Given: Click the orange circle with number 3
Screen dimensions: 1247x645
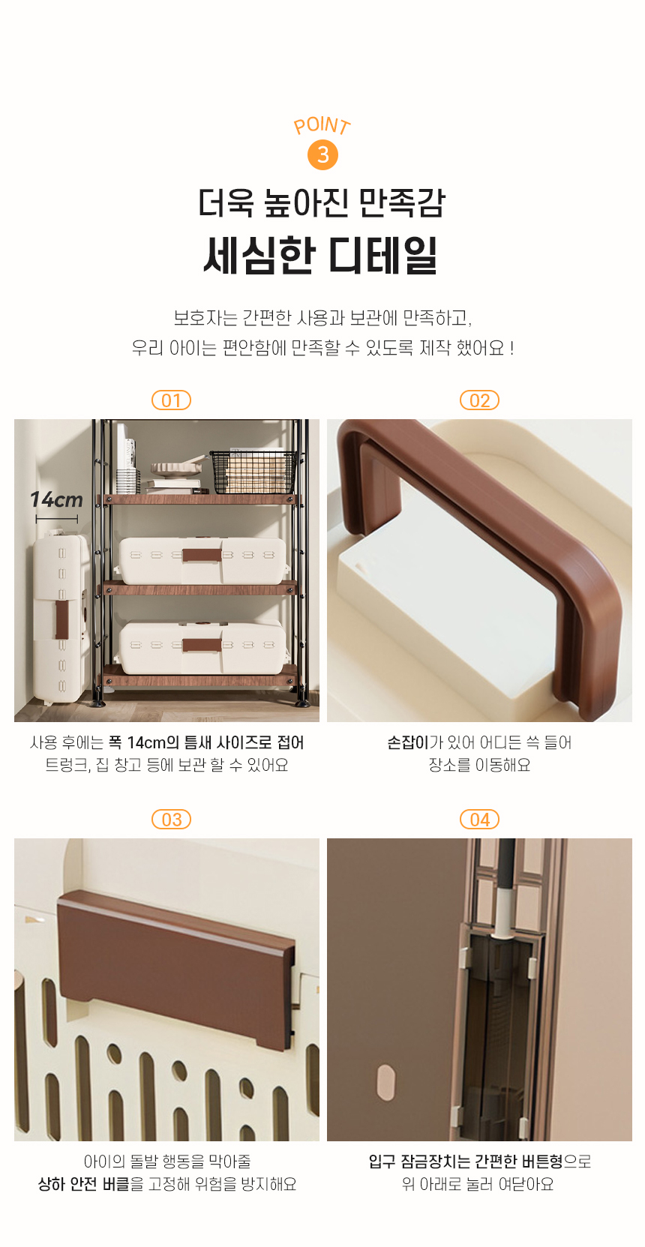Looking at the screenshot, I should click(322, 155).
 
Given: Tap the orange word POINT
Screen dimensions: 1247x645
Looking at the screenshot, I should click(322, 125).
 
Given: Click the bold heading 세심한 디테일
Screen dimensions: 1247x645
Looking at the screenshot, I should click(321, 256).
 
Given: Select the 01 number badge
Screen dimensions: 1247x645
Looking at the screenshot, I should click(171, 400).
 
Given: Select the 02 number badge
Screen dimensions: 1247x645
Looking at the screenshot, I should click(479, 400).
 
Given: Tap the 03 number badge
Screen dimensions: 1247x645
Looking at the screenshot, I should click(171, 820).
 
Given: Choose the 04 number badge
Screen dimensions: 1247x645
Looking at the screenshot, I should click(479, 820).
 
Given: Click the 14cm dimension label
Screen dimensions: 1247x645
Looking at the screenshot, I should click(56, 499).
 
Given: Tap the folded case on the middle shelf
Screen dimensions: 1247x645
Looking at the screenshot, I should click(202, 560).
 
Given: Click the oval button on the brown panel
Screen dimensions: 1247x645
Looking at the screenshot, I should click(385, 1082).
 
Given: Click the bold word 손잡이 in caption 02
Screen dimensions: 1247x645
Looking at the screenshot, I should click(407, 742).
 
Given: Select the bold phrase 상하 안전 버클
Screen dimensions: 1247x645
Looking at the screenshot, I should click(83, 1184).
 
